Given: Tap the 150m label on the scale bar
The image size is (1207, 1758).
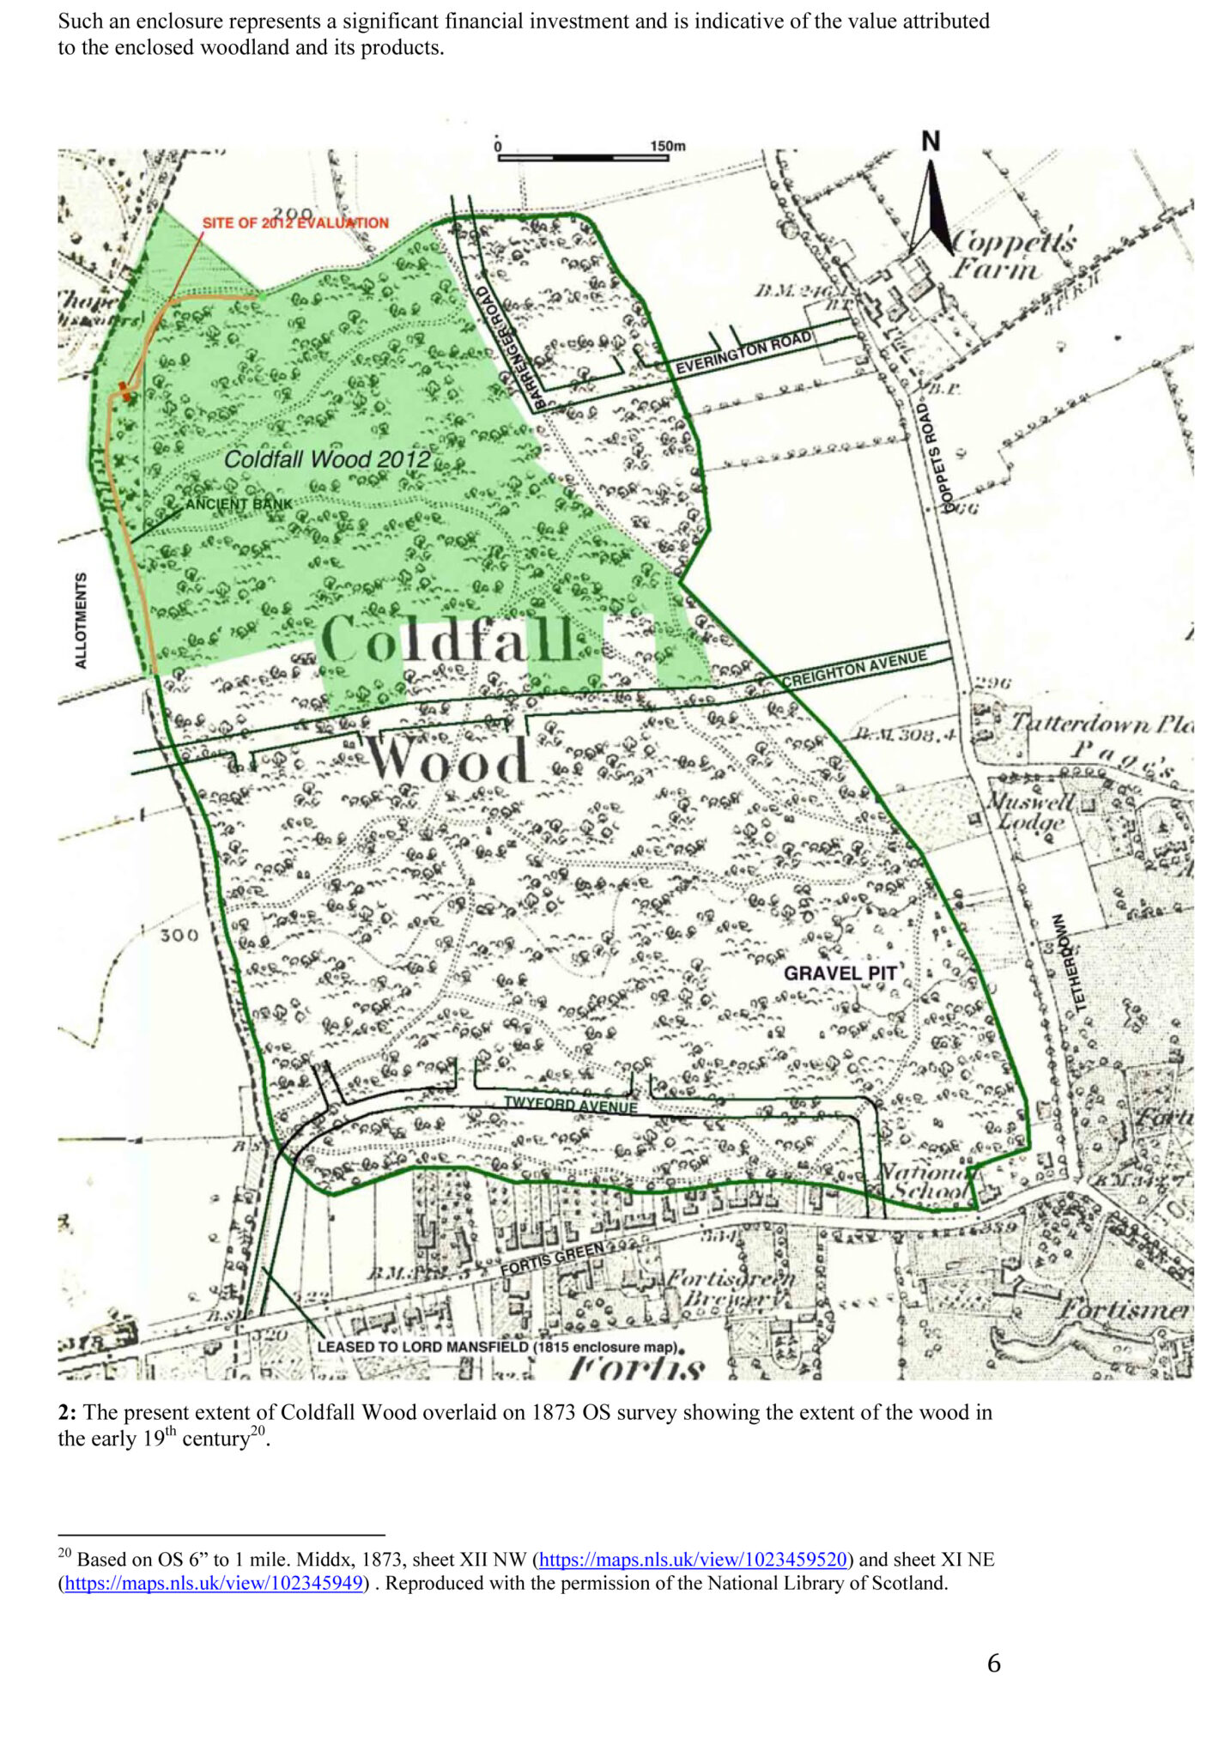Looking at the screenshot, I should [x=667, y=146].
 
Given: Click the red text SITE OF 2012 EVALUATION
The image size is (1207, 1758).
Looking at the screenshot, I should [x=295, y=223].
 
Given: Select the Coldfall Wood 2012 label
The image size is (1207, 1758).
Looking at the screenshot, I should [x=327, y=459].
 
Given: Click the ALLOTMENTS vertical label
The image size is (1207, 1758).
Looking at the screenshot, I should [x=81, y=620].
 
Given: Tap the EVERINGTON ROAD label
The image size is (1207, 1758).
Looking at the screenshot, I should [x=743, y=353].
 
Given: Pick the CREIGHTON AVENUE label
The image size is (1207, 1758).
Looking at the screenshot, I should [x=854, y=669].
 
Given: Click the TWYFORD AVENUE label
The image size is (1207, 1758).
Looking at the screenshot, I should [x=570, y=1105].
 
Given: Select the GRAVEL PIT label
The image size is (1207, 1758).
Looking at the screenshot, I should [x=840, y=973].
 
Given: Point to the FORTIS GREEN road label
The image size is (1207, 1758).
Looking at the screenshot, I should [x=552, y=1258].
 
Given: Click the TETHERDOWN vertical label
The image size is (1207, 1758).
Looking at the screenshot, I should [x=1068, y=961].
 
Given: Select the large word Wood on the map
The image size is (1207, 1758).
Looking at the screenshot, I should [x=447, y=760].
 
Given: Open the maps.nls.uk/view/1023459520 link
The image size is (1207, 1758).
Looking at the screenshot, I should [x=693, y=1559].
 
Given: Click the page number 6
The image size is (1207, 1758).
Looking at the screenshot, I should [x=993, y=1664].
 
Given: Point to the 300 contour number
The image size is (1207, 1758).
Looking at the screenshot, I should [x=179, y=935].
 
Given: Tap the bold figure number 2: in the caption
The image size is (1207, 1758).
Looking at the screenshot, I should [x=67, y=1412].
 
